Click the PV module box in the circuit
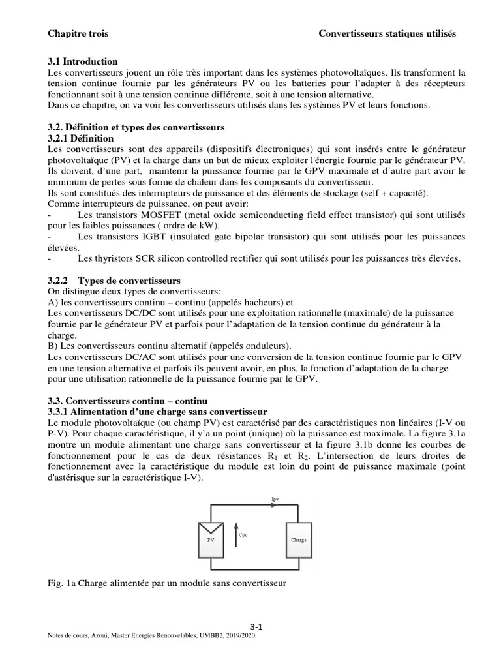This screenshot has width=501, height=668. pyautogui.click(x=210, y=541)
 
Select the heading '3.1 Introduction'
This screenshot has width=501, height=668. pyautogui.click(x=83, y=61)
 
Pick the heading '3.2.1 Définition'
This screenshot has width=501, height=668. pyautogui.click(x=81, y=138)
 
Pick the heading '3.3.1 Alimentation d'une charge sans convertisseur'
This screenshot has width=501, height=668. pyautogui.click(x=158, y=411)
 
